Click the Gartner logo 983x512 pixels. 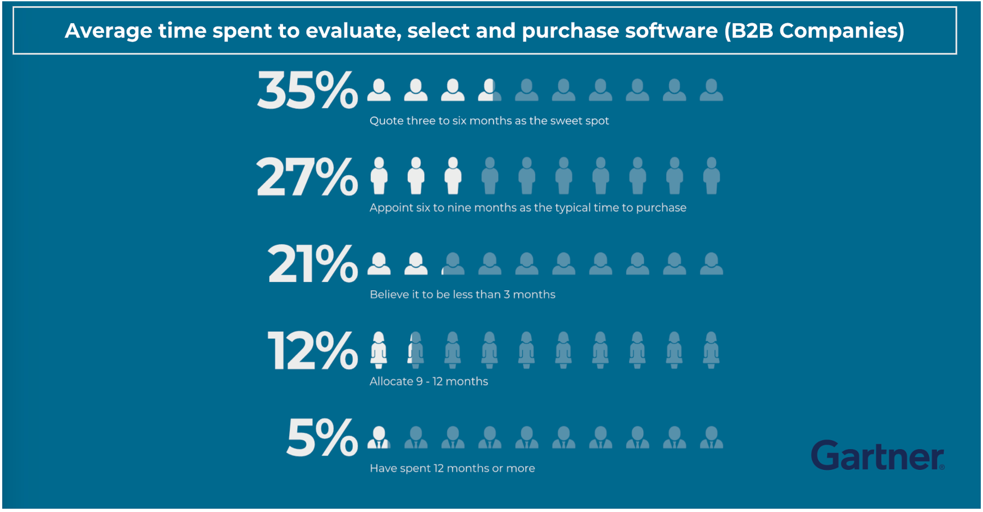pyautogui.click(x=877, y=455)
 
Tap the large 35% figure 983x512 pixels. pyautogui.click(x=307, y=90)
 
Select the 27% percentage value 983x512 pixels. pyautogui.click(x=307, y=177)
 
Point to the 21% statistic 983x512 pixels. pyautogui.click(x=312, y=264)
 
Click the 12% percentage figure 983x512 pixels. pyautogui.click(x=312, y=351)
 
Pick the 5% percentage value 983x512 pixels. pyautogui.click(x=322, y=437)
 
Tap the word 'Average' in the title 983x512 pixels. pyautogui.click(x=108, y=30)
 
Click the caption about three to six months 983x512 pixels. pyautogui.click(x=489, y=121)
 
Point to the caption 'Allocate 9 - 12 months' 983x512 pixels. pyautogui.click(x=429, y=381)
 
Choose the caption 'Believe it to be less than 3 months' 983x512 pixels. pyautogui.click(x=462, y=294)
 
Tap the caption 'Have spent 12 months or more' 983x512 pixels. pyautogui.click(x=452, y=468)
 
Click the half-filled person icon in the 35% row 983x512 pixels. pyautogui.click(x=489, y=90)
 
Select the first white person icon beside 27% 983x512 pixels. pyautogui.click(x=379, y=176)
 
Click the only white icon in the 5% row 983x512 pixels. pyautogui.click(x=379, y=437)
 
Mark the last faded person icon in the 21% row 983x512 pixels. pyautogui.click(x=711, y=263)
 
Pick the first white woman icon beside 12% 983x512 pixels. pyautogui.click(x=379, y=350)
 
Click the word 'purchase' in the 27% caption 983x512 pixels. pyautogui.click(x=661, y=208)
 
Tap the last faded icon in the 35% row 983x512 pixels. pyautogui.click(x=711, y=90)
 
